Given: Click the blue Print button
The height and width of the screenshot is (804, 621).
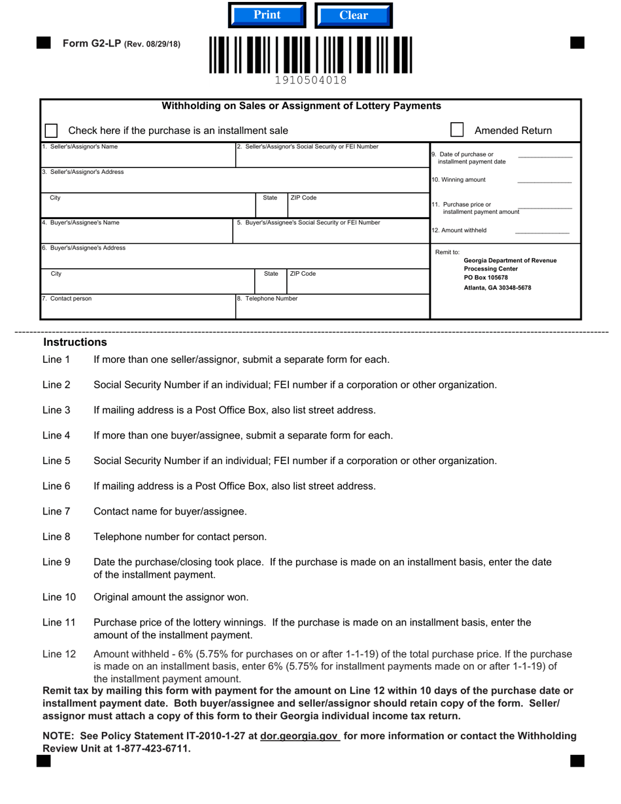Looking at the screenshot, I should [267, 15].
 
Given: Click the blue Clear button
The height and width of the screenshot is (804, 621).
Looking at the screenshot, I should [354, 16].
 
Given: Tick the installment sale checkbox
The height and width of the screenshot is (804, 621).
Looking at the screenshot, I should [51, 131].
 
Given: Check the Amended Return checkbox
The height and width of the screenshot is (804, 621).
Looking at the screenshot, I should [457, 130].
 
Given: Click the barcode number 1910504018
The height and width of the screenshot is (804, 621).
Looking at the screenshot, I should [310, 80].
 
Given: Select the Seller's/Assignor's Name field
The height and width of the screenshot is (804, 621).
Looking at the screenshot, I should [137, 158].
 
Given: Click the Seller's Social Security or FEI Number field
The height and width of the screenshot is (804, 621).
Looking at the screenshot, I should [332, 158].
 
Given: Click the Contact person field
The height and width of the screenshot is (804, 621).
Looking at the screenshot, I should [137, 309].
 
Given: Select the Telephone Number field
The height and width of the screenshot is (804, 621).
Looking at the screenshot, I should [332, 309].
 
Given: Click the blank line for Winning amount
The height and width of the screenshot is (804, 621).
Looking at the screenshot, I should [544, 180].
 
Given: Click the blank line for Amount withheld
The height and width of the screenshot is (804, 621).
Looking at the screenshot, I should [542, 231].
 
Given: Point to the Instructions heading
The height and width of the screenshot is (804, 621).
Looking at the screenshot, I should [75, 343].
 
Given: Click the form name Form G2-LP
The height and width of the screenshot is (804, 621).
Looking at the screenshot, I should [92, 44].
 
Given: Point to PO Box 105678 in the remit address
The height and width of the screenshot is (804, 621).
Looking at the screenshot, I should [486, 278].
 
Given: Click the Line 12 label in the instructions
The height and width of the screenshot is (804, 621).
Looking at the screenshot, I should [59, 654].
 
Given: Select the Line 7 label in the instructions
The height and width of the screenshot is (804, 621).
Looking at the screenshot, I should [56, 512].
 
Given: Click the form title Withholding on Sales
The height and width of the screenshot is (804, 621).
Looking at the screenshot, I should [301, 106].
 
